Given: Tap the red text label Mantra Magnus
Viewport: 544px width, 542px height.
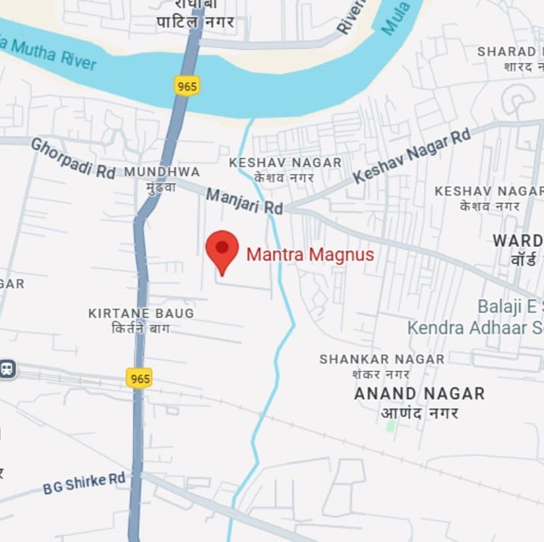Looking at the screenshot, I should (310, 254).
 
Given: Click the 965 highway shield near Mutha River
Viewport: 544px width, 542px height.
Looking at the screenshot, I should (187, 85).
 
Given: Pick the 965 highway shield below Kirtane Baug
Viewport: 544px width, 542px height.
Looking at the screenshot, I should (139, 378).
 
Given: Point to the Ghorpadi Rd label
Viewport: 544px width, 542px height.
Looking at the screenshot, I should (73, 158).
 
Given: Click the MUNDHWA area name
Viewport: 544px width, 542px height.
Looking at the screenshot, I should (162, 172).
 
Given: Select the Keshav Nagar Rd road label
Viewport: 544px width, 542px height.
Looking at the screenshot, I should (412, 156).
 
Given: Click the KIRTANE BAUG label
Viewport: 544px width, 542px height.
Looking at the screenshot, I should (141, 313).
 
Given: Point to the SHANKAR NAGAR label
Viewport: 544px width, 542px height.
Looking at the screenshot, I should (382, 359).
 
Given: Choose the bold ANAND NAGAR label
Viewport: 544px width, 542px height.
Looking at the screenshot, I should (419, 393).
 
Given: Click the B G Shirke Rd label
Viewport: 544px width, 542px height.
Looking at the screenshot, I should (84, 483).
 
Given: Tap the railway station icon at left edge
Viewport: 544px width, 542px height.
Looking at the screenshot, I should (7, 368).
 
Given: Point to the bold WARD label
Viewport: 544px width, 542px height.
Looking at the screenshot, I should (517, 240).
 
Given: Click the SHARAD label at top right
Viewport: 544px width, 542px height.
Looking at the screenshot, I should (507, 52).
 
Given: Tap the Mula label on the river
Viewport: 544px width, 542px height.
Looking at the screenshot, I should (400, 17).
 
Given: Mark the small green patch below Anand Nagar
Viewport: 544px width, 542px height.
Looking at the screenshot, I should (391, 425).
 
